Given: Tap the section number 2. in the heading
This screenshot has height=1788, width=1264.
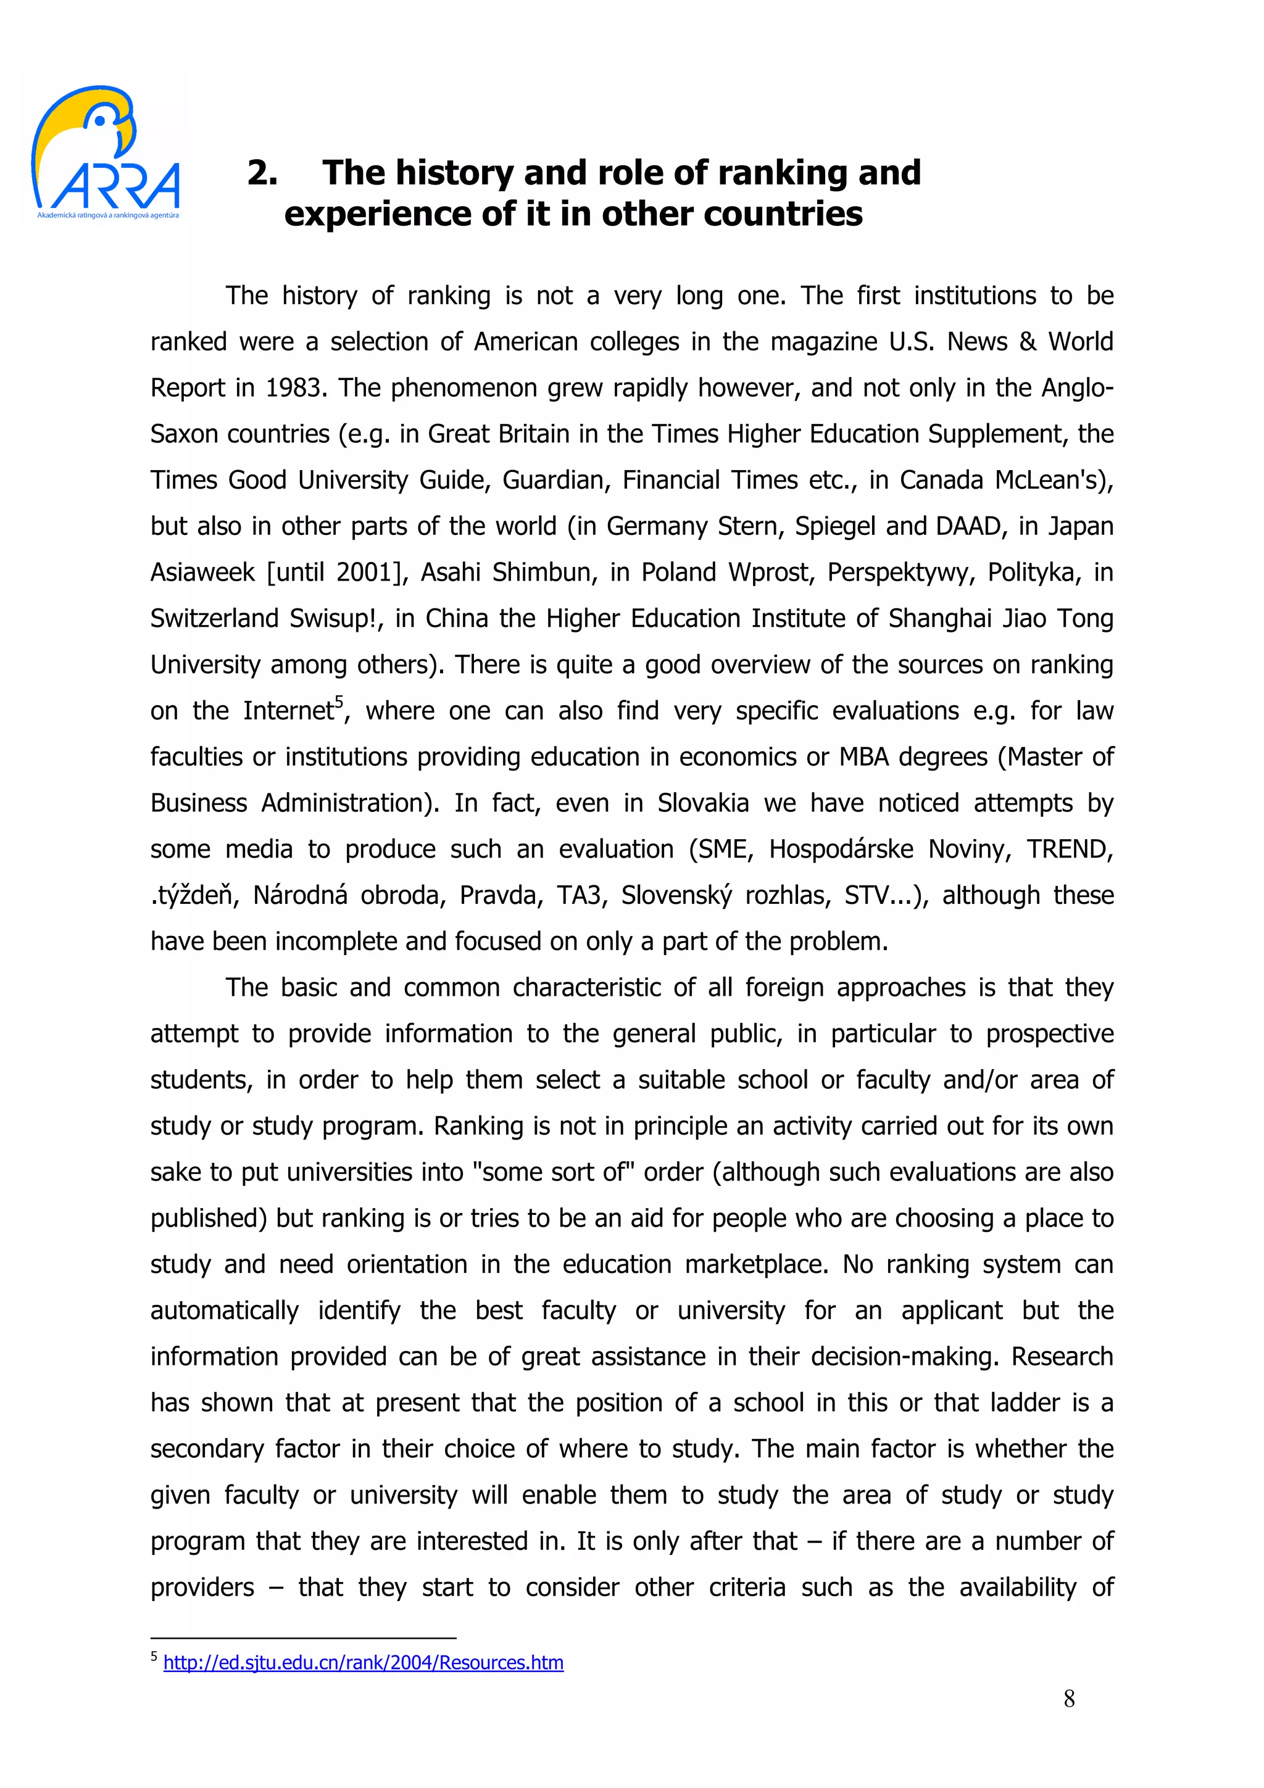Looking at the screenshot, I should coord(262,173).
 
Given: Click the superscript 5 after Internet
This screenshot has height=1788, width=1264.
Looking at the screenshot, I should coord(338,701).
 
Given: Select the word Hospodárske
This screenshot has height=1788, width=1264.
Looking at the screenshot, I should coord(841,849).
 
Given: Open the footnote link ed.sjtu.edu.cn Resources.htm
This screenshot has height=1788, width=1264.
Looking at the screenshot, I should coord(363,1662).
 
